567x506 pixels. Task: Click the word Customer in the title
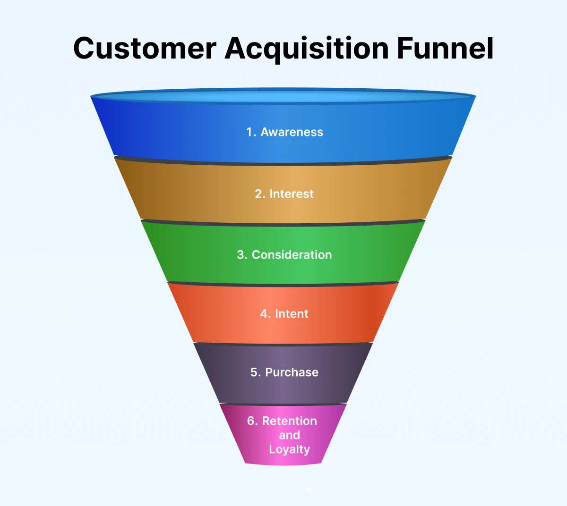click(145, 48)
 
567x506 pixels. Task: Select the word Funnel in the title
click(445, 48)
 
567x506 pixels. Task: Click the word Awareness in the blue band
click(292, 132)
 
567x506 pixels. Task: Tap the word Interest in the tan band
click(291, 194)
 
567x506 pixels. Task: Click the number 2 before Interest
click(259, 194)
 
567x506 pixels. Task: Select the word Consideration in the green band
click(292, 255)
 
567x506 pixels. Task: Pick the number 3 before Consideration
click(241, 255)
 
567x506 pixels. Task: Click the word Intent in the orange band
click(292, 314)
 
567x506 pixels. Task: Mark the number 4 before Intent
click(264, 314)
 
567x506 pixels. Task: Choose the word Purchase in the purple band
click(292, 372)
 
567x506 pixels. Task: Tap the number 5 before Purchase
click(255, 372)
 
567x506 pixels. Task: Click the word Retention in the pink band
click(289, 421)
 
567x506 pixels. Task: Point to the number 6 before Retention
click(251, 421)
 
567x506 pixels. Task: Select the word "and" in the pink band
click(289, 435)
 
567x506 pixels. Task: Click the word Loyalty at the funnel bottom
click(289, 449)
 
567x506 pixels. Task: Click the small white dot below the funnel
click(309, 490)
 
